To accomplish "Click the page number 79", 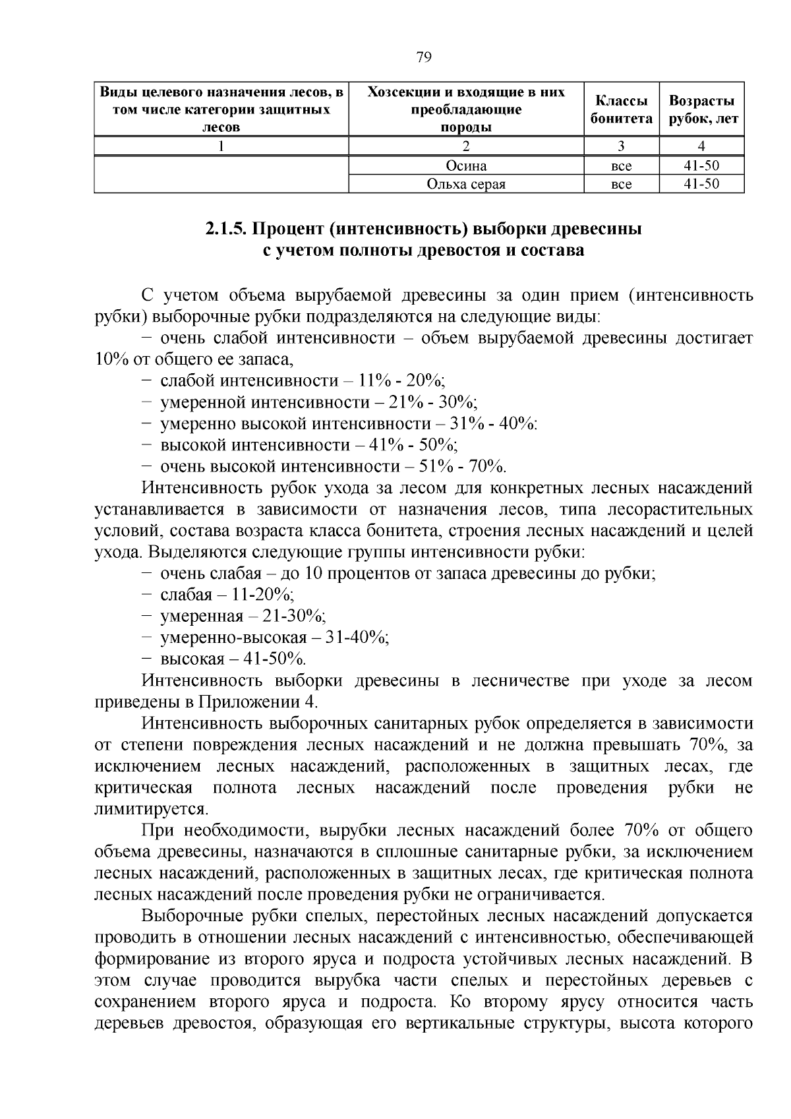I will coord(424,57).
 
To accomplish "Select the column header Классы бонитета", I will coord(621,109).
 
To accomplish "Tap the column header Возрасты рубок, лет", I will coord(701,109).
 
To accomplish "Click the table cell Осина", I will coord(466,166).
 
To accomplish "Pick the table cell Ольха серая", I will coord(466,184).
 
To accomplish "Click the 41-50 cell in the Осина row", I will coord(701,166).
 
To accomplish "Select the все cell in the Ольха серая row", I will coord(621,184).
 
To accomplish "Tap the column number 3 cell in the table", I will coord(621,146).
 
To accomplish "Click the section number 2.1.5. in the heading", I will coord(225,229).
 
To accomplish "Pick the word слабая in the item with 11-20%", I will coord(186,595).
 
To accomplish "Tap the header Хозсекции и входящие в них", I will coord(466,92).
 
